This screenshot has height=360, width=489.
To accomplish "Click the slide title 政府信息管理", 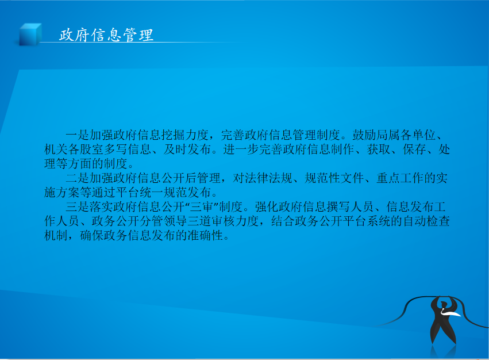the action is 106,35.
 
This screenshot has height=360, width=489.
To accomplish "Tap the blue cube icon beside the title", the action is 30,35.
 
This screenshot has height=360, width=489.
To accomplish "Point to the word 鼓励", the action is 364,135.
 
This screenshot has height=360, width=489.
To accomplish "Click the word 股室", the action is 92,150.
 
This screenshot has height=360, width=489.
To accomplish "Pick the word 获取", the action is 379,150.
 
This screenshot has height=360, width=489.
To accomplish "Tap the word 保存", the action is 414,150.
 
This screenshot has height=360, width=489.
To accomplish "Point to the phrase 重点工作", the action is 400,178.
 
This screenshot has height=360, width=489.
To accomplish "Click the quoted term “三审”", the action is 202,206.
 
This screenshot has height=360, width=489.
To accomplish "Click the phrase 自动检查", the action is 426,221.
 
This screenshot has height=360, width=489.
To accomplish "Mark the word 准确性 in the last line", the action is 205,235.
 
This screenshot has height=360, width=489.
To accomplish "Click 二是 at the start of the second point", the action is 78,178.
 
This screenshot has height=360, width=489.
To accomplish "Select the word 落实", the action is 101,206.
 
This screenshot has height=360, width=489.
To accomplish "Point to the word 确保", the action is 92,235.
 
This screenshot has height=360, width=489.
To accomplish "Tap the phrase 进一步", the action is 241,150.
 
